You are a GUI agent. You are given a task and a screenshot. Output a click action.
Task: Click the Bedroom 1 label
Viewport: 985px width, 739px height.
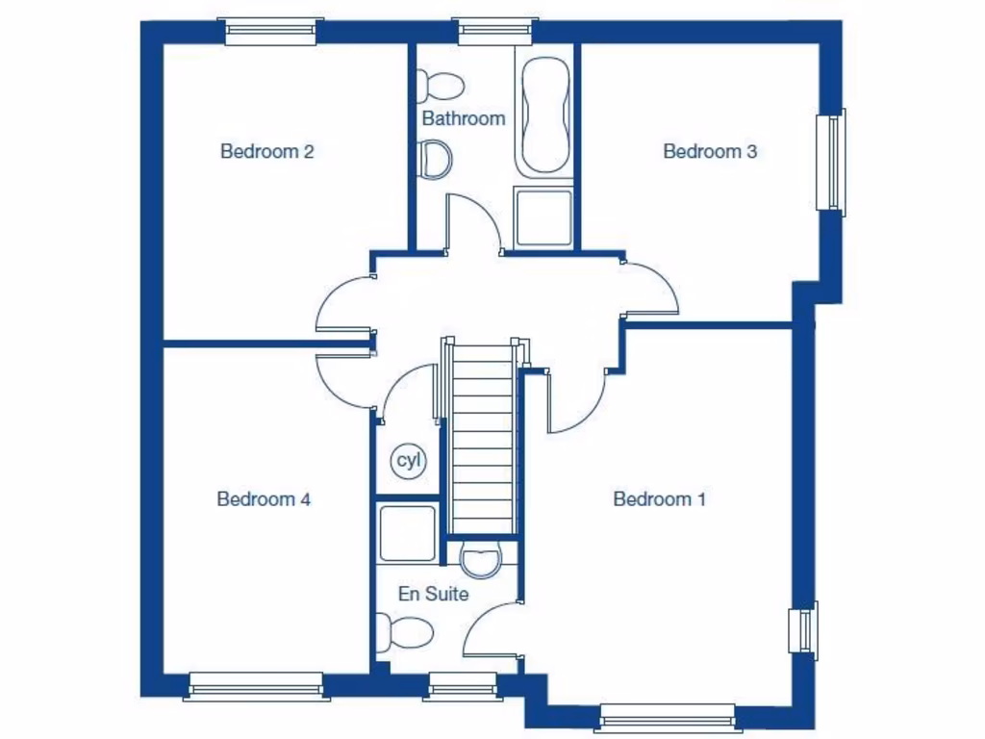click(659, 498)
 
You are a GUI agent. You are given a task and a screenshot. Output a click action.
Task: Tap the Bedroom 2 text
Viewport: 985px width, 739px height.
click(267, 151)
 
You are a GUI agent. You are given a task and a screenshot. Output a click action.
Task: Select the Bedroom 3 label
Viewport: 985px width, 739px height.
click(710, 151)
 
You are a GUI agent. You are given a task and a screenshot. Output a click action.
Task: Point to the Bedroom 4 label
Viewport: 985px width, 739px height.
click(264, 498)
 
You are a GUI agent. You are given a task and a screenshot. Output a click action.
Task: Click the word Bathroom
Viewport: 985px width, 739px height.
click(463, 118)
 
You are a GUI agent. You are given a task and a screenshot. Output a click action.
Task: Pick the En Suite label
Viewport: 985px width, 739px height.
click(434, 594)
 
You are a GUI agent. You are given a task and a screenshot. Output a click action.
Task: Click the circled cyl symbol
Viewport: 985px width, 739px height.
click(409, 462)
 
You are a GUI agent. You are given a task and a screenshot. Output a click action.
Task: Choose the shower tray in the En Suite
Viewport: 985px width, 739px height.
click(407, 532)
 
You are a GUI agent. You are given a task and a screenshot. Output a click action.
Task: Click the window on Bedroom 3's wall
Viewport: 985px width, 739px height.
click(830, 162)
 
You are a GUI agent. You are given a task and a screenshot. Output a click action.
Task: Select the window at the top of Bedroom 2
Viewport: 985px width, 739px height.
click(271, 32)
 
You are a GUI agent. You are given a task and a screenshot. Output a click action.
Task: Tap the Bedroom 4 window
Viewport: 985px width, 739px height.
click(255, 685)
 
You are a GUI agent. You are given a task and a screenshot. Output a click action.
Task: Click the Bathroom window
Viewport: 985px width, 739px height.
click(495, 32)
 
